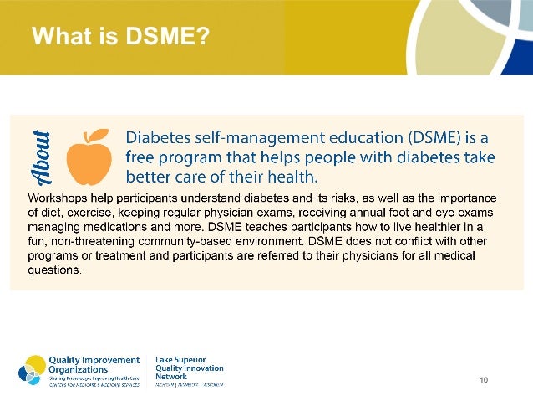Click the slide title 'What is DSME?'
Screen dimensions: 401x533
pyautogui.click(x=119, y=38)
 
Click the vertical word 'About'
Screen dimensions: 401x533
pyautogui.click(x=43, y=157)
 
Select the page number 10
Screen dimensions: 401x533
pyautogui.click(x=484, y=381)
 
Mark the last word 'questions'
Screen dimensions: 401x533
pyautogui.click(x=54, y=270)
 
